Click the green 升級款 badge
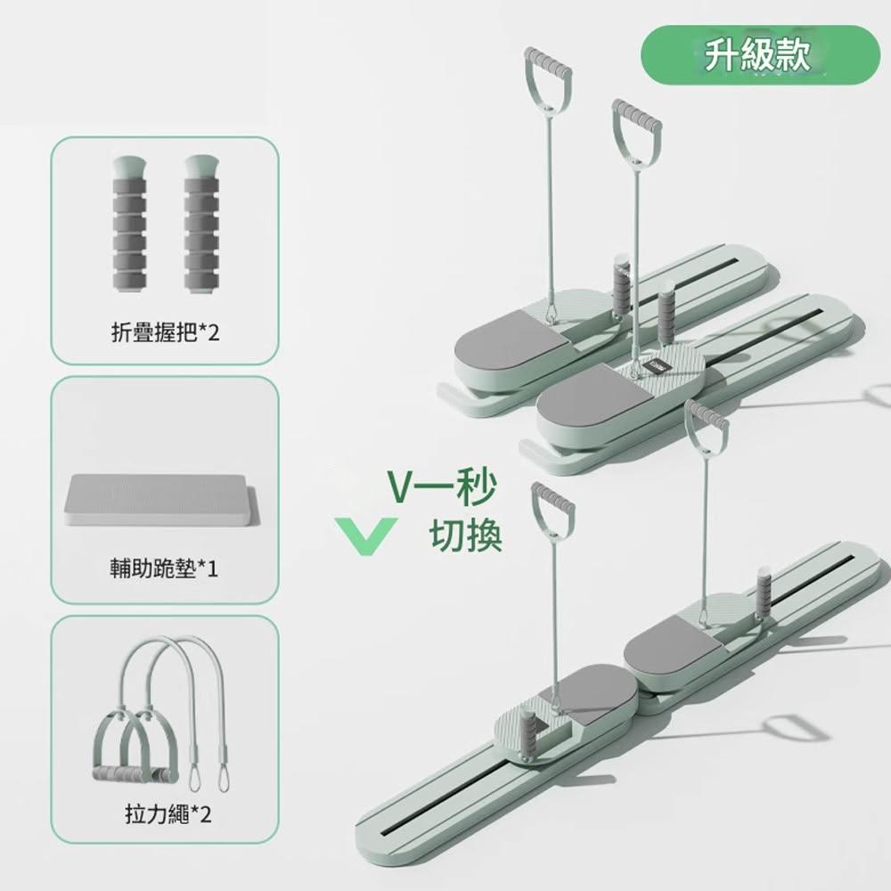(760, 55)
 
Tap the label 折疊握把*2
(165, 332)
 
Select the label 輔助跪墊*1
(164, 568)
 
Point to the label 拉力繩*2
(168, 813)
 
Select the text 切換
(465, 535)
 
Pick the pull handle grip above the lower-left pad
(552, 501)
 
